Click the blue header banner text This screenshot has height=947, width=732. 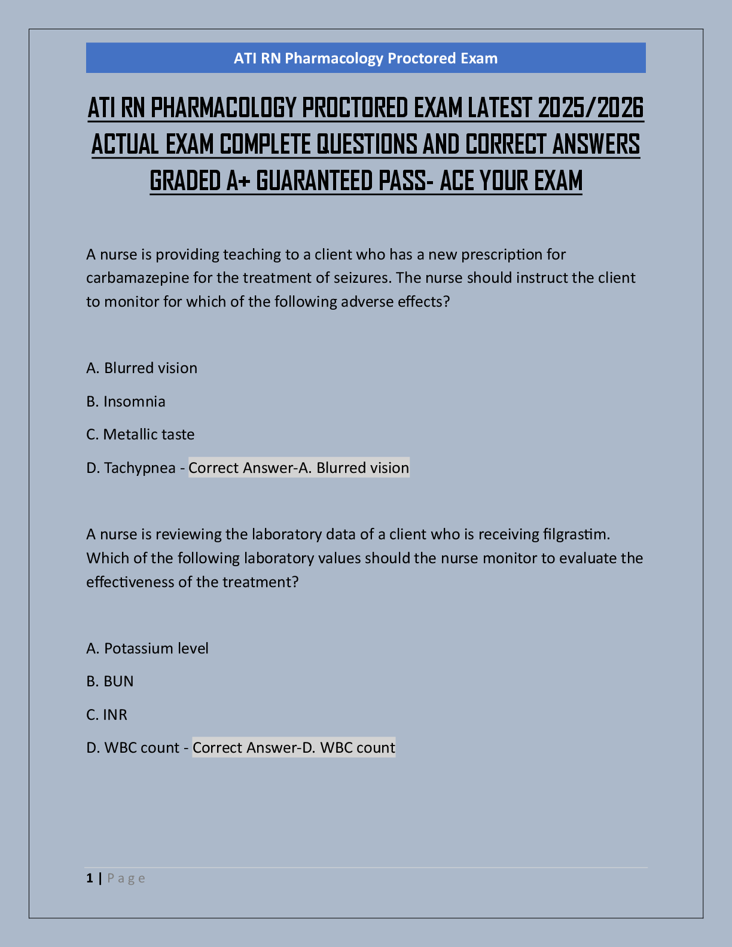[x=365, y=58]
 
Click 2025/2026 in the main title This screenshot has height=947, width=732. [x=590, y=108]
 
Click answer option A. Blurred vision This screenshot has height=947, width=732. [x=142, y=368]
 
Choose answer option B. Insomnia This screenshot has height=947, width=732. [x=126, y=401]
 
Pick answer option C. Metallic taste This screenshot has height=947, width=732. [x=141, y=434]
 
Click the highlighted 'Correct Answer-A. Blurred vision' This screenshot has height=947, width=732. [x=299, y=468]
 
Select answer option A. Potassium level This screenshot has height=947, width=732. [x=148, y=648]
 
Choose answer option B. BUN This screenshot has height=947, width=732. [x=110, y=681]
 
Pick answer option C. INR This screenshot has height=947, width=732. [x=107, y=714]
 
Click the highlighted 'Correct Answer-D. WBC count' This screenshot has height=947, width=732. [x=294, y=747]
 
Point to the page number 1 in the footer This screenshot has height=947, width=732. [x=90, y=878]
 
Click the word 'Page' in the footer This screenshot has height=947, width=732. [x=126, y=878]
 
